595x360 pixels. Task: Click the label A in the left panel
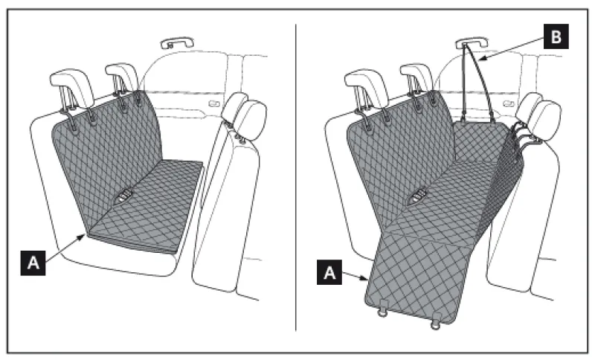[33, 263]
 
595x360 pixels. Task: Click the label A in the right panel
[329, 272]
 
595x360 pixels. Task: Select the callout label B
[556, 36]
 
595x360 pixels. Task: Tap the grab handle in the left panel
[177, 42]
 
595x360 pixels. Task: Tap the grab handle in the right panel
[472, 42]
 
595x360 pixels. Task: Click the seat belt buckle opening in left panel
[123, 196]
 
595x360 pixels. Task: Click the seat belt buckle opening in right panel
[418, 196]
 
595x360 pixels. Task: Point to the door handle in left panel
[214, 103]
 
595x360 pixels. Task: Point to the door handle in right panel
[509, 103]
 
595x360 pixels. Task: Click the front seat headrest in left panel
[245, 116]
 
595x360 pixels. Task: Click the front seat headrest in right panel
[538, 116]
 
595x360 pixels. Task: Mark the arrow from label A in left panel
[65, 248]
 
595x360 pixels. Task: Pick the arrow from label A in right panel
[355, 276]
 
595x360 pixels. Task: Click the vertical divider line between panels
[296, 177]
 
